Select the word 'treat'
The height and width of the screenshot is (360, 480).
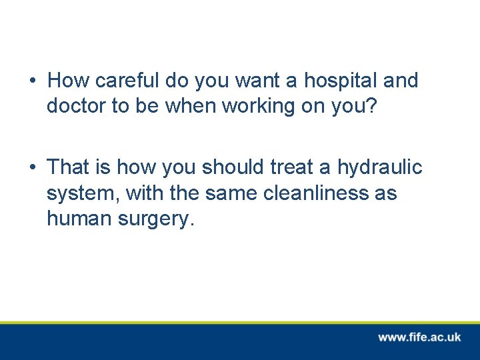click(x=289, y=167)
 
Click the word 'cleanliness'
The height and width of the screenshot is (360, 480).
click(x=310, y=193)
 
